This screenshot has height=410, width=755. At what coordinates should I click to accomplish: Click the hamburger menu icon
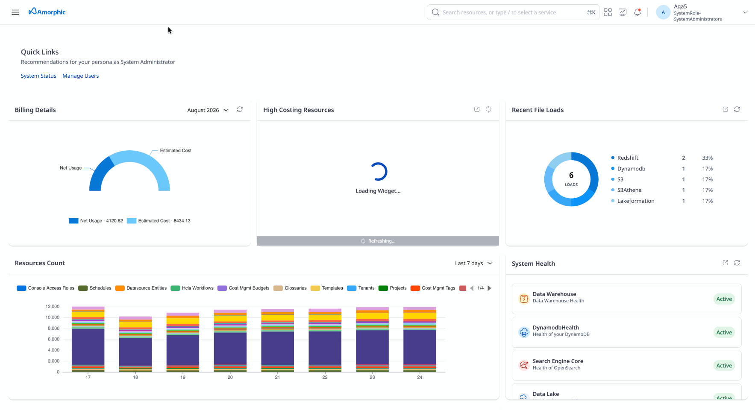[x=15, y=12]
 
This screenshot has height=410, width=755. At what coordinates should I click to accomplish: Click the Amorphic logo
[x=47, y=12]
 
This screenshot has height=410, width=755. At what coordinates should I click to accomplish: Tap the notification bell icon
[x=637, y=12]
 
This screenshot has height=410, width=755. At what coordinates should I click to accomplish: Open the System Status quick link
[x=38, y=76]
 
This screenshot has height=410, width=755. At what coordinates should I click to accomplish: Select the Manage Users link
[x=81, y=76]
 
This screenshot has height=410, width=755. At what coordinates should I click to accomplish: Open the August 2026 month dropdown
[x=208, y=110]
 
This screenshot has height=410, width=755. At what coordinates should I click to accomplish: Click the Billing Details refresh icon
[x=240, y=109]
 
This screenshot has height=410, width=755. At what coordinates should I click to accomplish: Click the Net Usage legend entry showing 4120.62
[x=96, y=221]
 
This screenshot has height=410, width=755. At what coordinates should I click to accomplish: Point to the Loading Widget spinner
[x=378, y=172]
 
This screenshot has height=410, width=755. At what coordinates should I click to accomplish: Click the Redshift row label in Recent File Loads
[x=628, y=158]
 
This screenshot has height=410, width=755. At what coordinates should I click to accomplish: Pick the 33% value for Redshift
[x=707, y=158]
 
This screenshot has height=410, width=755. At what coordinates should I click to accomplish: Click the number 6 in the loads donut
[x=571, y=175]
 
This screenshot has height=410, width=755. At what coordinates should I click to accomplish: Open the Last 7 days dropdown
[x=474, y=264]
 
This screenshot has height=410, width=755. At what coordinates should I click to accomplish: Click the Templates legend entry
[x=327, y=288]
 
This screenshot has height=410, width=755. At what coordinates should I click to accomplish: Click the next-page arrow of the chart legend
[x=490, y=288]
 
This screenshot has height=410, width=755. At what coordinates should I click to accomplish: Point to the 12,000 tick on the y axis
[x=53, y=307]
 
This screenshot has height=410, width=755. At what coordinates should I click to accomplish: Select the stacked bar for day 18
[x=135, y=344]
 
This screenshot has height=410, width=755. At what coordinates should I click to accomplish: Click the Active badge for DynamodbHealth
[x=724, y=333]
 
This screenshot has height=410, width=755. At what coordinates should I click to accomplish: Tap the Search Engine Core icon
[x=524, y=365]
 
